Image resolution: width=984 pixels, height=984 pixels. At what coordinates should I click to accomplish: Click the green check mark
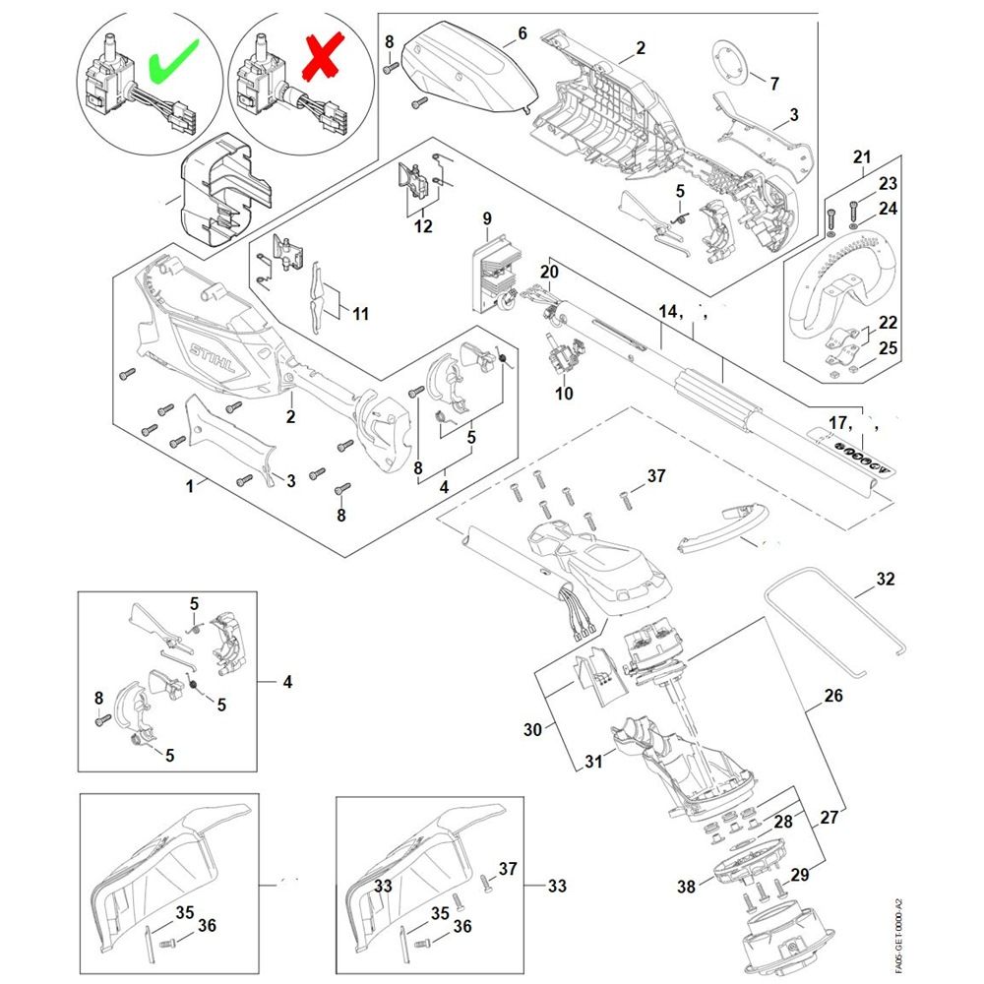173,61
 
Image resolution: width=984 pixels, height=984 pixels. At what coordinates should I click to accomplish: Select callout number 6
522,33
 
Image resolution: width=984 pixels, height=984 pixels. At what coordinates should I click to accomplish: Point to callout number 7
773,84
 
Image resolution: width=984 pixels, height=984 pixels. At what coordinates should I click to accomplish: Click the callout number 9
486,217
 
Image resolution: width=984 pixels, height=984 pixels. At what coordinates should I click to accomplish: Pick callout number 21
862,157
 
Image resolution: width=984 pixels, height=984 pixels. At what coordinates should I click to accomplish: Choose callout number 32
886,579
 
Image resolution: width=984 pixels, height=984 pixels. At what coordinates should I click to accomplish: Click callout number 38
686,887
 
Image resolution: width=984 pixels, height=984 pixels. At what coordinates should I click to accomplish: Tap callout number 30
532,729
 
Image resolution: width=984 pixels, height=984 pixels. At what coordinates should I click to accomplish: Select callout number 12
422,226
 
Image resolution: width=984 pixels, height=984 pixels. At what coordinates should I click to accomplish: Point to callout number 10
564,394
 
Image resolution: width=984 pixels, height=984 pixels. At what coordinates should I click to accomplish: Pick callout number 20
549,271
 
